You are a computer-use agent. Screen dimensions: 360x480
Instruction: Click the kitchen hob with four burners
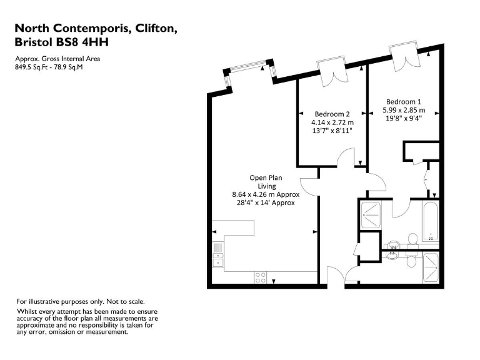[x=261, y=278]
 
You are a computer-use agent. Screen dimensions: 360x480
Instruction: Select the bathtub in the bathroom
[x=430, y=221]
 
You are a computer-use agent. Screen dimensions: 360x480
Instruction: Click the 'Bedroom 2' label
[x=332, y=114]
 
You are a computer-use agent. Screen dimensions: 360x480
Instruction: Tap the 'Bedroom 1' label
[x=403, y=102]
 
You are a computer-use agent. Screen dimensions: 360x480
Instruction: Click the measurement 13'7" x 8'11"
[x=333, y=131]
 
